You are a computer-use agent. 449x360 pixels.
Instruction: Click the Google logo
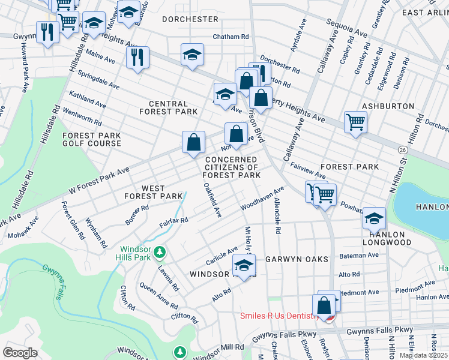tap(20, 353)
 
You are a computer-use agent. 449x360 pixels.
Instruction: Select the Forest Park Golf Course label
tap(91, 140)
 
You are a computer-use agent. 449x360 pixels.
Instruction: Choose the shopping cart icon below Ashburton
tap(355, 122)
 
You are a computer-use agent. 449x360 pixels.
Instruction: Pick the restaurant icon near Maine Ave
tap(138, 58)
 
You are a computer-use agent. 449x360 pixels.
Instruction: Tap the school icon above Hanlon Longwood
tap(374, 218)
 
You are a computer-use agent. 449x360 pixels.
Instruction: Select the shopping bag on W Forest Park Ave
tap(194, 143)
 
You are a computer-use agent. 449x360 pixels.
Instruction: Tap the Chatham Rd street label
tap(231, 37)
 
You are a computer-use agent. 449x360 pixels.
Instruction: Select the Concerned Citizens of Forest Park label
tap(232, 167)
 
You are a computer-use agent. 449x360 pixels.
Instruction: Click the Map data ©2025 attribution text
tap(423, 355)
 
